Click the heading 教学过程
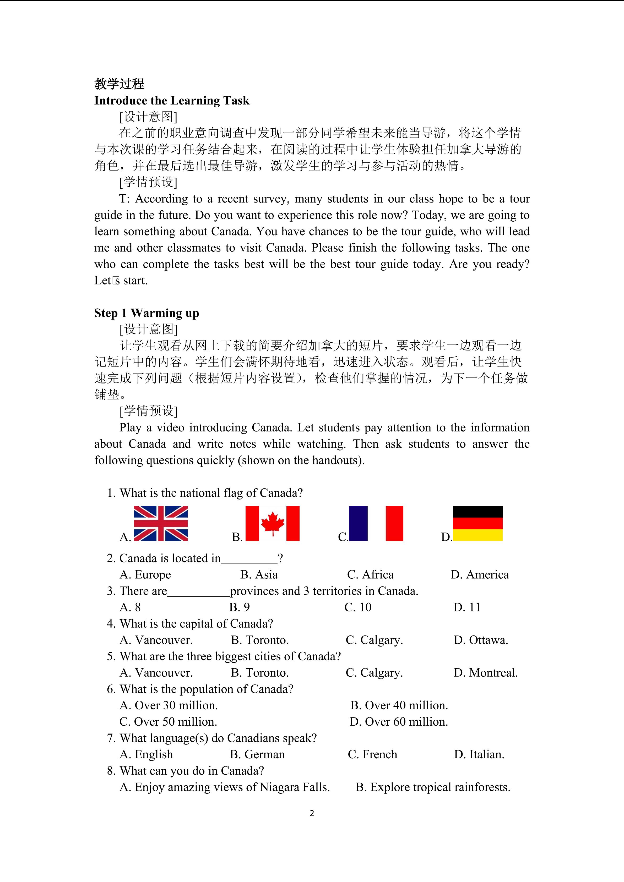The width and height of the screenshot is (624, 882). pyautogui.click(x=120, y=84)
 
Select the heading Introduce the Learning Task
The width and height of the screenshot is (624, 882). pyautogui.click(x=172, y=101)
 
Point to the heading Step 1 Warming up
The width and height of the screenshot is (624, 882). pyautogui.click(x=147, y=313)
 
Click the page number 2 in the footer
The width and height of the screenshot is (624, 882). pyautogui.click(x=312, y=813)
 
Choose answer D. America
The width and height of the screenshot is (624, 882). pyautogui.click(x=480, y=575)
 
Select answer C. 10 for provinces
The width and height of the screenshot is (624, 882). pyautogui.click(x=358, y=607)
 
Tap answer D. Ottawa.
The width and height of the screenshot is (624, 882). pyautogui.click(x=481, y=640)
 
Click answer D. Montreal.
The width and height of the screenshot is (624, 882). pyautogui.click(x=486, y=673)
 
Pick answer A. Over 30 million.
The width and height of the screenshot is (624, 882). pyautogui.click(x=169, y=705)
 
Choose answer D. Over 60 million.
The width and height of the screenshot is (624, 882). pyautogui.click(x=399, y=722)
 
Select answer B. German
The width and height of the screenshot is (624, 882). pyautogui.click(x=257, y=754)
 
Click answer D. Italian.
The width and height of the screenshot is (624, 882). pyautogui.click(x=479, y=754)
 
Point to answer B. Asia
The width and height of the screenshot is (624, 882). pyautogui.click(x=259, y=575)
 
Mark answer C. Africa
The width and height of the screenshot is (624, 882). pyautogui.click(x=370, y=575)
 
